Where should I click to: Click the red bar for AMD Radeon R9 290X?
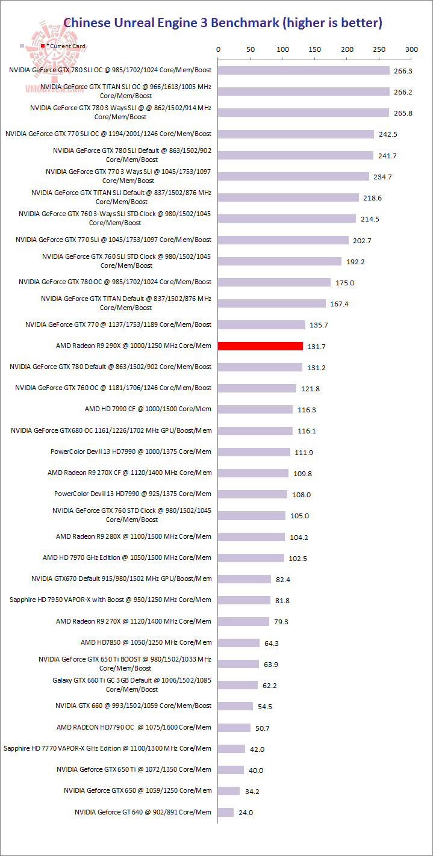point(260,346)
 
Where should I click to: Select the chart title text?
point(223,23)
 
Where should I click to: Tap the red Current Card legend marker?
point(43,46)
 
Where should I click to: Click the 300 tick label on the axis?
point(411,49)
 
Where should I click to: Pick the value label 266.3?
point(402,71)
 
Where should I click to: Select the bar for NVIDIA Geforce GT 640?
point(226,812)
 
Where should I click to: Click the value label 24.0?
point(246,813)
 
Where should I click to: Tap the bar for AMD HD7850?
point(238,643)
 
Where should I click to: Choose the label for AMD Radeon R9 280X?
point(134,536)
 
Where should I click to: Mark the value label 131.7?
point(316,347)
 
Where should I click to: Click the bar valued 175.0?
point(274,282)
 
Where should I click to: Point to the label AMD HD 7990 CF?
point(148,409)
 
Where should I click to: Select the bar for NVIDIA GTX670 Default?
point(245,579)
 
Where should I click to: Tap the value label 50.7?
point(263,728)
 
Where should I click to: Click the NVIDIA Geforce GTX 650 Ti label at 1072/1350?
point(134,769)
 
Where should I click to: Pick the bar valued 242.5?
point(296,134)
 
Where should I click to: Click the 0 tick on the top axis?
point(218,49)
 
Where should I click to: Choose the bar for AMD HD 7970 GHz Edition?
point(251,558)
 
